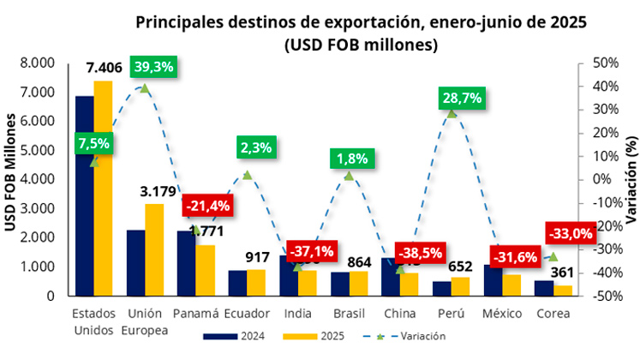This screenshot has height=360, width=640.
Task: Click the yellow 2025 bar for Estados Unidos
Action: click(x=103, y=189)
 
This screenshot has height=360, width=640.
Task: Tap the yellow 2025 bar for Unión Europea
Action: click(x=154, y=249)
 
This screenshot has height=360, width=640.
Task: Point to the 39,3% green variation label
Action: click(x=152, y=66)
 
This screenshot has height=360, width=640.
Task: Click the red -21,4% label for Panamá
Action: click(x=208, y=207)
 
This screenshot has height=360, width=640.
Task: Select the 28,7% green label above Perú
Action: click(x=461, y=98)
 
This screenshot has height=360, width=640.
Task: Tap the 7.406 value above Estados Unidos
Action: click(x=104, y=67)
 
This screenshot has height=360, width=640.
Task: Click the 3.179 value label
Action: click(x=157, y=190)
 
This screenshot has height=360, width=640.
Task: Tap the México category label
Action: click(x=502, y=312)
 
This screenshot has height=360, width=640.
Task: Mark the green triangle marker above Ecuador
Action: click(x=247, y=175)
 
